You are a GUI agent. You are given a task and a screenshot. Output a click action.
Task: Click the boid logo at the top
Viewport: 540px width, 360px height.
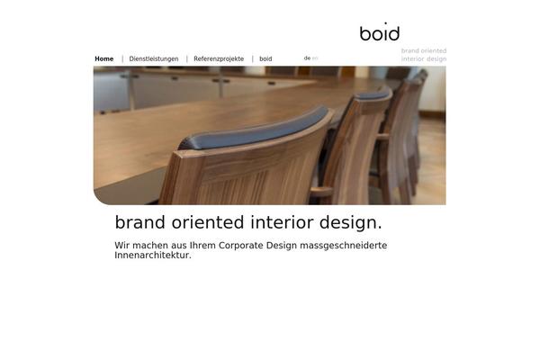click(x=380, y=31)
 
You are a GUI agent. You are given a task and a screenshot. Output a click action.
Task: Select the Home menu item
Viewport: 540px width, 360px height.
click(x=104, y=58)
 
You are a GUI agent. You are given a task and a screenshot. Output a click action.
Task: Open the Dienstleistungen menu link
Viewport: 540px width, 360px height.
click(x=154, y=58)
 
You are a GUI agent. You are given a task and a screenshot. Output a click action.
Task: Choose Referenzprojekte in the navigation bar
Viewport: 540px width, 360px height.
click(x=219, y=58)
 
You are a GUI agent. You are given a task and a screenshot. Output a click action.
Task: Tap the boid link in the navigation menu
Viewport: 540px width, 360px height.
click(x=265, y=58)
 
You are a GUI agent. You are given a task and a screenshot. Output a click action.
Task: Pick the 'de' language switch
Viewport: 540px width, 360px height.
click(x=307, y=58)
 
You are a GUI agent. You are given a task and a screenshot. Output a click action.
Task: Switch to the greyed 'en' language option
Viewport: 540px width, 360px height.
click(x=315, y=58)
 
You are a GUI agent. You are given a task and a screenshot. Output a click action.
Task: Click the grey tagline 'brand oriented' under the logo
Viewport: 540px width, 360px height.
click(x=424, y=50)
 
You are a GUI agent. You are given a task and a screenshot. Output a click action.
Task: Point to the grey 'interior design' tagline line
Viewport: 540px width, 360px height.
click(x=424, y=58)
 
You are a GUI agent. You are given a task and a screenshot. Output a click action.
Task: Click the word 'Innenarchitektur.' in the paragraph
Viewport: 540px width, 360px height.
click(x=153, y=256)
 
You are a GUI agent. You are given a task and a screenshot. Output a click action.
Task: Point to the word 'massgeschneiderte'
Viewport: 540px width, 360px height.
click(x=344, y=246)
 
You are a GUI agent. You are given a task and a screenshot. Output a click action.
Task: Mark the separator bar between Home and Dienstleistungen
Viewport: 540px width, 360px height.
click(x=122, y=58)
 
